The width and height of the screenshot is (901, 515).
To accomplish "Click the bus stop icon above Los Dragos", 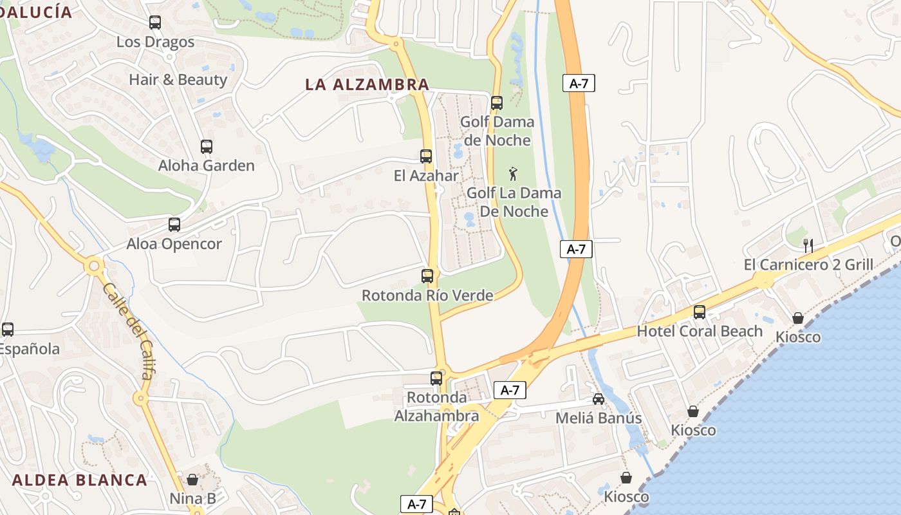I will click(155, 23).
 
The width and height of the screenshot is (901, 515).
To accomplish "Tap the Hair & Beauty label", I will click(178, 80).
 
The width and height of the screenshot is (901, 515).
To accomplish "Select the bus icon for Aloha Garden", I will click(207, 147).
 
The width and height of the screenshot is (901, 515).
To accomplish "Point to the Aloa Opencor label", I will click(174, 244).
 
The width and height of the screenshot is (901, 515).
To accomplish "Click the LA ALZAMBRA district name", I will click(367, 84).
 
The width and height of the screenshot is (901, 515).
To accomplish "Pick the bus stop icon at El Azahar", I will click(426, 156).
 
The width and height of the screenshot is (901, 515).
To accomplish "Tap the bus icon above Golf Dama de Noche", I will click(496, 103).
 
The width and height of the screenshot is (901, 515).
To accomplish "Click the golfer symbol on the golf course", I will click(513, 174).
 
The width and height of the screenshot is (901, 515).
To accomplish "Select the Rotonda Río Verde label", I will click(427, 295).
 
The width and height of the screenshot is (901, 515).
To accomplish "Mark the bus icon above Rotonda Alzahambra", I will click(436, 379).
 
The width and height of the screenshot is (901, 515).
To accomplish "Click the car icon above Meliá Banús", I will click(599, 399).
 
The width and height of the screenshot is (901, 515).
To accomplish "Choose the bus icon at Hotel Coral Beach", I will click(700, 312).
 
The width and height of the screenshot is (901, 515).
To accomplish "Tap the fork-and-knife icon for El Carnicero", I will click(808, 245).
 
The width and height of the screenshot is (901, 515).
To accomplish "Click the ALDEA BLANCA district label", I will click(80, 480).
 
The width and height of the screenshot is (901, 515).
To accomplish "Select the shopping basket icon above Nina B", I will click(192, 480).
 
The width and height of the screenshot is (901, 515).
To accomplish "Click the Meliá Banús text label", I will click(599, 418).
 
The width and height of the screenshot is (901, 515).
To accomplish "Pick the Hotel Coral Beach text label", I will click(700, 331).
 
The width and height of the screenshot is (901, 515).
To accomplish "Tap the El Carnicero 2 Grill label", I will click(808, 265).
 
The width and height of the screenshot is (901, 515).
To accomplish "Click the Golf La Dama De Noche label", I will click(514, 201).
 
